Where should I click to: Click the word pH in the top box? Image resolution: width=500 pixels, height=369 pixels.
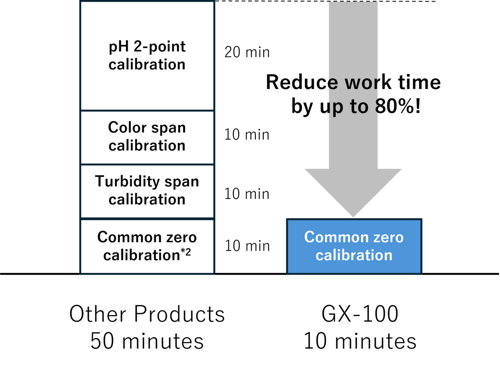tap(118, 47)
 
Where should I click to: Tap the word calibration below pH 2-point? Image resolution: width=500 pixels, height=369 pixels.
tap(147, 65)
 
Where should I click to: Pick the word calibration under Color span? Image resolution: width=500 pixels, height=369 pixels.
tap(147, 146)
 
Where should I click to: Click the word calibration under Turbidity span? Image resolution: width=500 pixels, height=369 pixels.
tap(147, 199)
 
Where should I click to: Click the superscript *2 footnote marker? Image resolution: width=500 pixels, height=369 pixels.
tap(185, 252)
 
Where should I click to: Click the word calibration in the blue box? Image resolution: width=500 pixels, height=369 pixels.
tap(354, 255)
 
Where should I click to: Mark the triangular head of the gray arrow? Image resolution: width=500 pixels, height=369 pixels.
tap(353, 187)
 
